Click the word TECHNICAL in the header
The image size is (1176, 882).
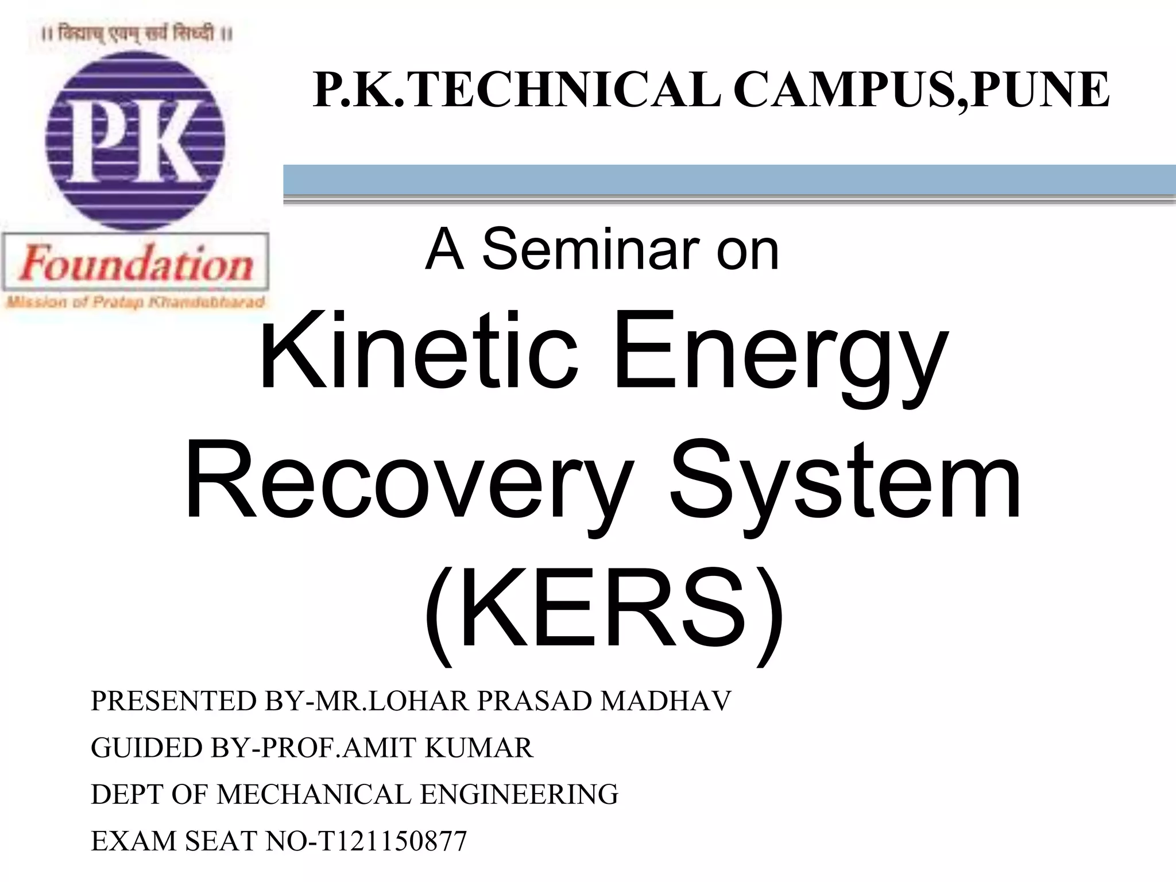[x=566, y=90]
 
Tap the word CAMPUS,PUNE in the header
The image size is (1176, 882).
[x=921, y=90]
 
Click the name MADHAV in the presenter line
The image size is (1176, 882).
[x=666, y=701]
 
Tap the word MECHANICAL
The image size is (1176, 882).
[x=314, y=794]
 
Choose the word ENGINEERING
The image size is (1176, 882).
[x=519, y=794]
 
